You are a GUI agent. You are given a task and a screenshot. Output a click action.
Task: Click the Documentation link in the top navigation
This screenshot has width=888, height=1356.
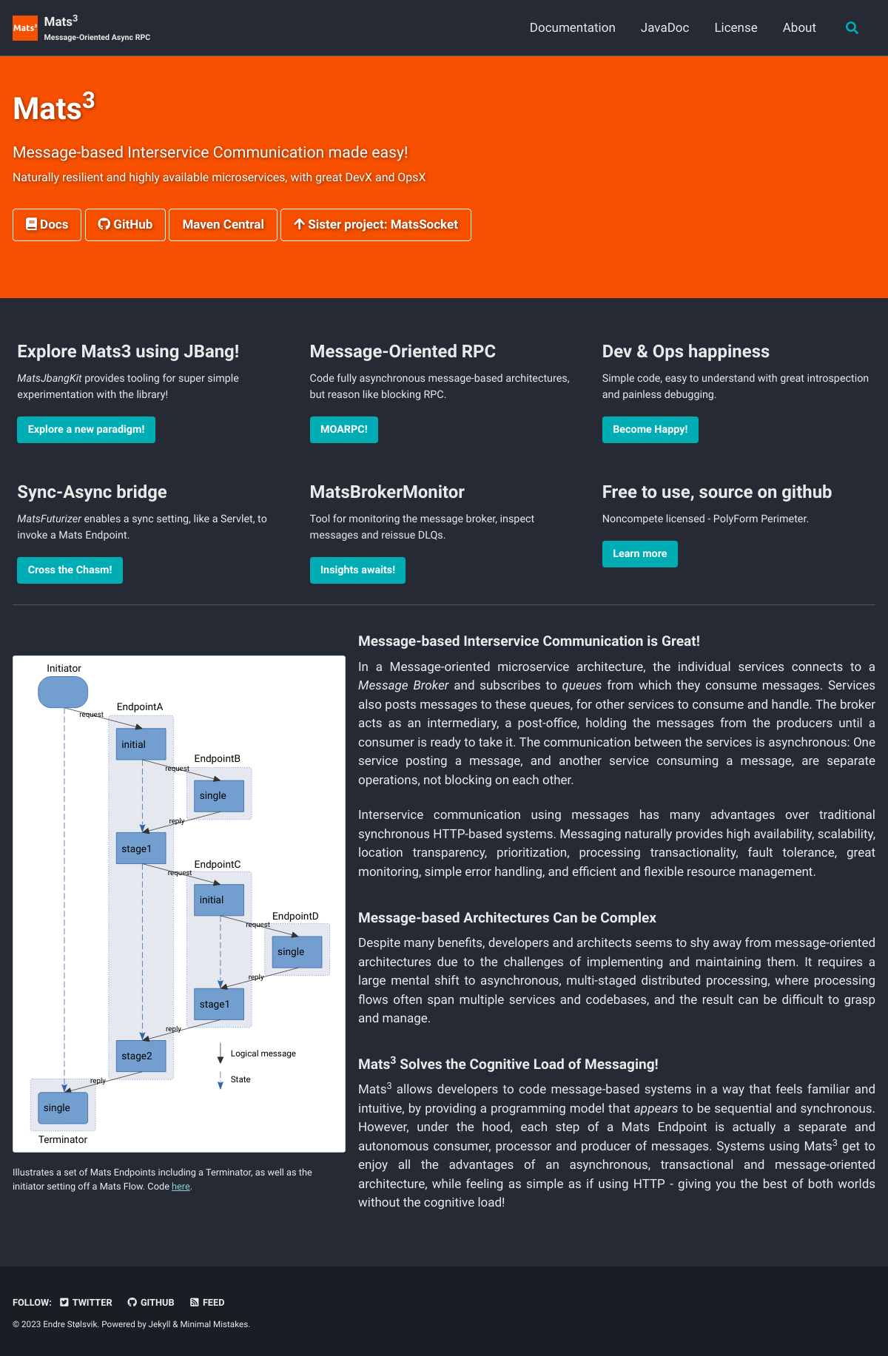572,27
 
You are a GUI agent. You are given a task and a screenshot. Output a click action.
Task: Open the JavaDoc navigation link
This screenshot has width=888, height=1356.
665,27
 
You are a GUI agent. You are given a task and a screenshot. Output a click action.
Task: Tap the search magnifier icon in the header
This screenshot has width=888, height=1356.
852,28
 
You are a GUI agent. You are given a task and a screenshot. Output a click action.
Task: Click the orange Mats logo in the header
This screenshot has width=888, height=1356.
25,28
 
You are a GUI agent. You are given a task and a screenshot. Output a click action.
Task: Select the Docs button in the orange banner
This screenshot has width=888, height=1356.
47,225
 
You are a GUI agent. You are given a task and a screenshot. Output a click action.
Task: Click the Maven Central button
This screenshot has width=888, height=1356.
223,225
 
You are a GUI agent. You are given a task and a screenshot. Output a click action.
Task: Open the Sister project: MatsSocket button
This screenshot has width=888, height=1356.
376,225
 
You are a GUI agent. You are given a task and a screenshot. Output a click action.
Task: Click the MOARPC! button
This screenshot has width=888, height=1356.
344,430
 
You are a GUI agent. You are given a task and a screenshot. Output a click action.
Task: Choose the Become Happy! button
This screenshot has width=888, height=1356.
650,430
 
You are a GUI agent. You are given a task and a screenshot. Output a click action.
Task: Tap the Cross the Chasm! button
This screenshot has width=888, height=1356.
70,570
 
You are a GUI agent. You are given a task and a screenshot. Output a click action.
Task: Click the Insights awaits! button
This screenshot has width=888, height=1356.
357,570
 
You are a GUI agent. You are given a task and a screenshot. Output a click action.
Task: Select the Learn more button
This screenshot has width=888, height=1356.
640,554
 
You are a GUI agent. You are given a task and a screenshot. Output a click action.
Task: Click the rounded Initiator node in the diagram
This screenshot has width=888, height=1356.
63,692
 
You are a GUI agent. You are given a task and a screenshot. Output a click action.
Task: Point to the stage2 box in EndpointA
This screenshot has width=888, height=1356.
141,1056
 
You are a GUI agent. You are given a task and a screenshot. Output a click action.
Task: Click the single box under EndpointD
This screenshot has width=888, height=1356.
297,952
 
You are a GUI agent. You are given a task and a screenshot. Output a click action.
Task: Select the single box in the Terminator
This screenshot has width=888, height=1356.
63,1107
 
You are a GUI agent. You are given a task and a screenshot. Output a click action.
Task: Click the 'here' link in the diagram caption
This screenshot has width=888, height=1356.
181,1187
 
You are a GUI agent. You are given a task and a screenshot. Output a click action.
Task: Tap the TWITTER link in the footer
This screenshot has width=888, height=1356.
86,1303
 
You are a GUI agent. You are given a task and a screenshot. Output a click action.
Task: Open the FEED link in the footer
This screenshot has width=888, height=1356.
207,1303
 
